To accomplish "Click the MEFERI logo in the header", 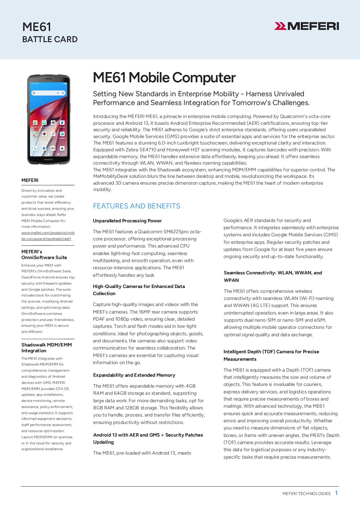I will [x=307, y=26].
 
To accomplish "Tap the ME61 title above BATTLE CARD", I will [x=37, y=27].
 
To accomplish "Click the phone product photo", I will [x=48, y=119].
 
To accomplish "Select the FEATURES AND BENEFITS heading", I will [x=136, y=206].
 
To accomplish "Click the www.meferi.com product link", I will [x=48, y=236].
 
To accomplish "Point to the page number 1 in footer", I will [x=336, y=493].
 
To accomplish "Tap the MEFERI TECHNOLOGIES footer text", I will [x=306, y=493].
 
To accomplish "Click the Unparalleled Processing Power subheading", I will [x=127, y=221].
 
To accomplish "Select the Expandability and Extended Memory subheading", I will [x=134, y=375].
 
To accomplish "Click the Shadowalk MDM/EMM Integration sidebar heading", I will [x=47, y=347].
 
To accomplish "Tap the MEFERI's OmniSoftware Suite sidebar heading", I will [x=44, y=254].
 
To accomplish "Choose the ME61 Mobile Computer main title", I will [x=164, y=78].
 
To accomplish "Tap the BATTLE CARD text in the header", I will [x=50, y=39].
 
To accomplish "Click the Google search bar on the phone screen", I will [x=48, y=93].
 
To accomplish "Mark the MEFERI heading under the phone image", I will [x=30, y=180].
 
